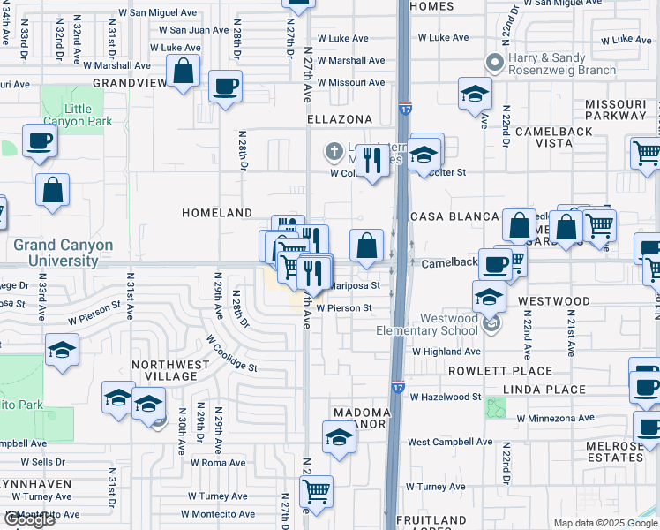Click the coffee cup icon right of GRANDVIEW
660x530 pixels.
(x=225, y=87)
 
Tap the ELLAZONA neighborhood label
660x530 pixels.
(x=339, y=118)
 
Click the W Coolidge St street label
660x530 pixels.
(x=231, y=352)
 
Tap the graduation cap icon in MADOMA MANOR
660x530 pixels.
(x=339, y=437)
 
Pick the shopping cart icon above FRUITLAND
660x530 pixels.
(x=316, y=492)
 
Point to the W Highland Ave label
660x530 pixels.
(x=446, y=352)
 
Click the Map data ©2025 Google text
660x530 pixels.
(x=604, y=523)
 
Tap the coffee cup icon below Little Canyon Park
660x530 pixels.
(x=39, y=140)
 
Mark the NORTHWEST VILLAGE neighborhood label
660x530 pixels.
(x=164, y=370)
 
